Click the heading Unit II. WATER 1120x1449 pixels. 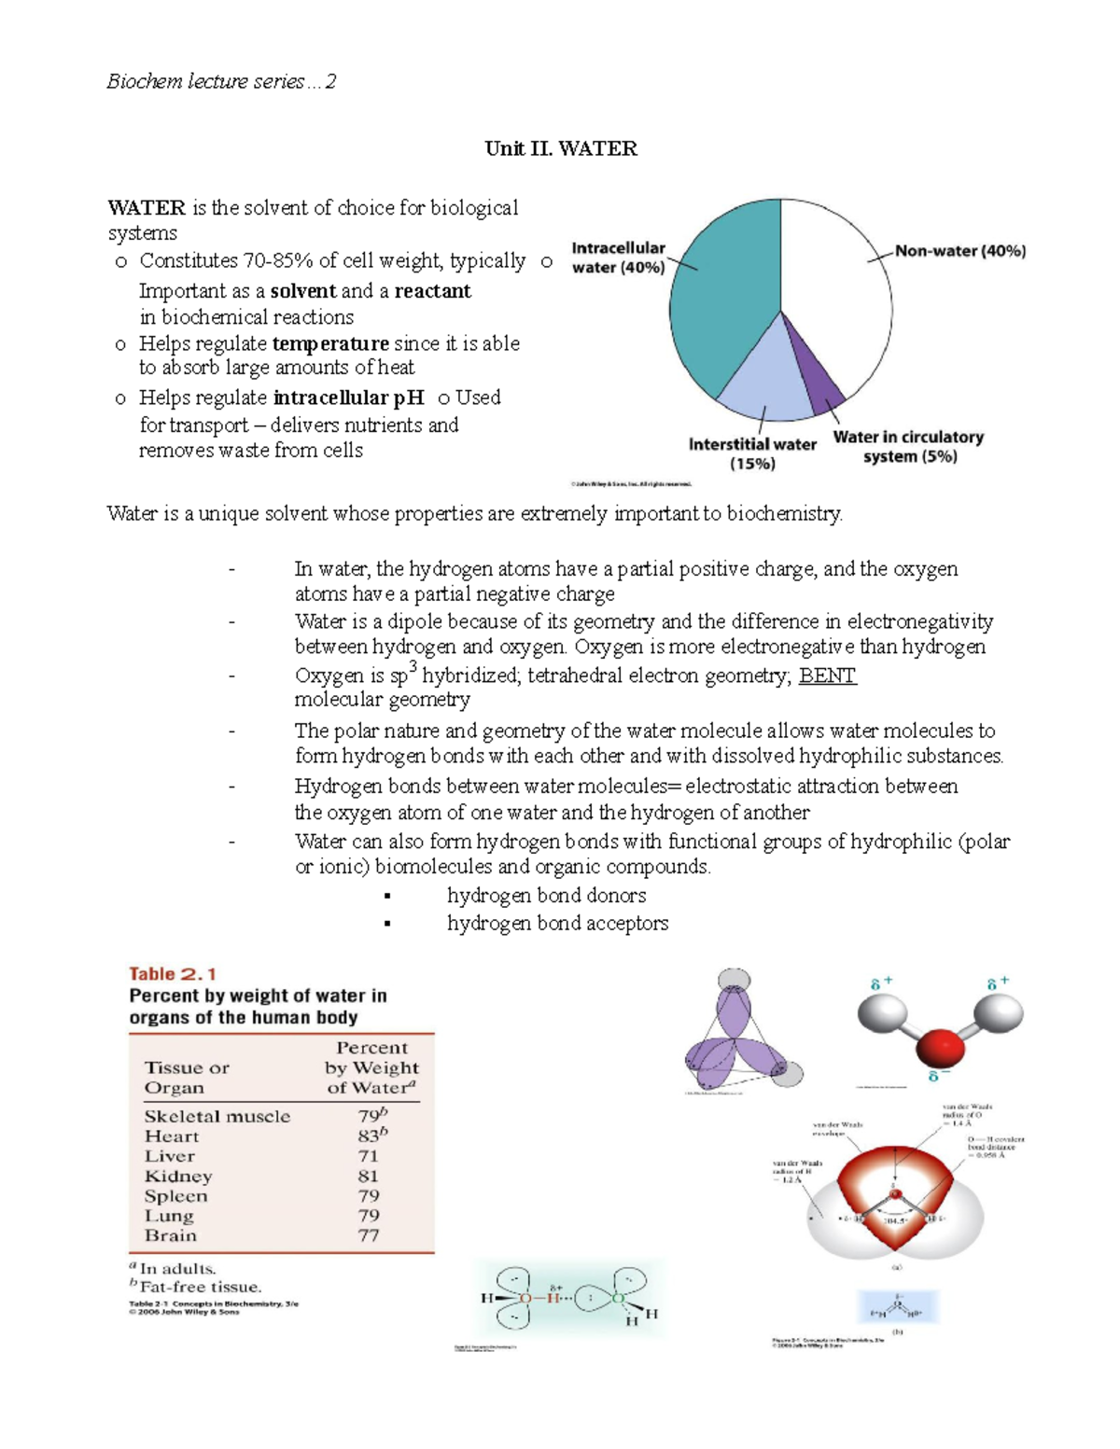click(561, 149)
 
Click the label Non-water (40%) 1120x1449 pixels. click(959, 251)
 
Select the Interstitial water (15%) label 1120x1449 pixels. click(752, 454)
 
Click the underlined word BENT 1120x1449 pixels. click(827, 676)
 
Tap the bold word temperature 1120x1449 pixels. click(330, 343)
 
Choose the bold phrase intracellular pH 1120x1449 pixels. click(349, 397)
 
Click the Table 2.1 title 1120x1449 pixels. click(173, 973)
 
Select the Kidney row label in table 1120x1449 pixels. click(178, 1176)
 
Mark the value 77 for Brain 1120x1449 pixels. click(369, 1235)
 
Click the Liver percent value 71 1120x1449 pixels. click(368, 1156)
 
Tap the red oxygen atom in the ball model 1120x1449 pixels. click(939, 1048)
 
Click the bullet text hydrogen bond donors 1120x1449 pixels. click(546, 896)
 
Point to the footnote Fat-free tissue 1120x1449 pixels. click(200, 1287)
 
